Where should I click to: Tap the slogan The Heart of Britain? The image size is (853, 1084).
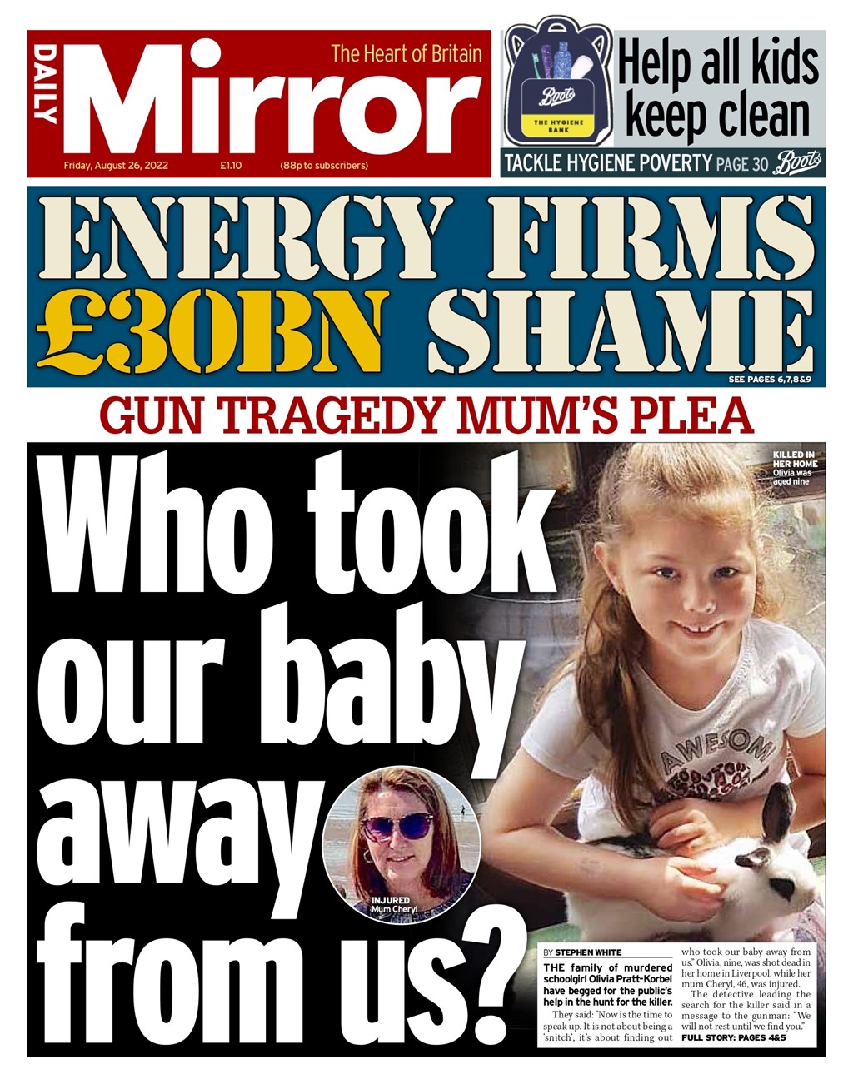click(x=406, y=54)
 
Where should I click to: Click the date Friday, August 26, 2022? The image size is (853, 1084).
click(x=116, y=166)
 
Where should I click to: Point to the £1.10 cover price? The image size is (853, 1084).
click(x=231, y=166)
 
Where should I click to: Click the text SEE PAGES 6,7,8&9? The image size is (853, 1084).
click(x=770, y=380)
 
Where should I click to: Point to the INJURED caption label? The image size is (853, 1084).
click(x=390, y=901)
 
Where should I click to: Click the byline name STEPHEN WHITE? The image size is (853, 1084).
click(x=588, y=952)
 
